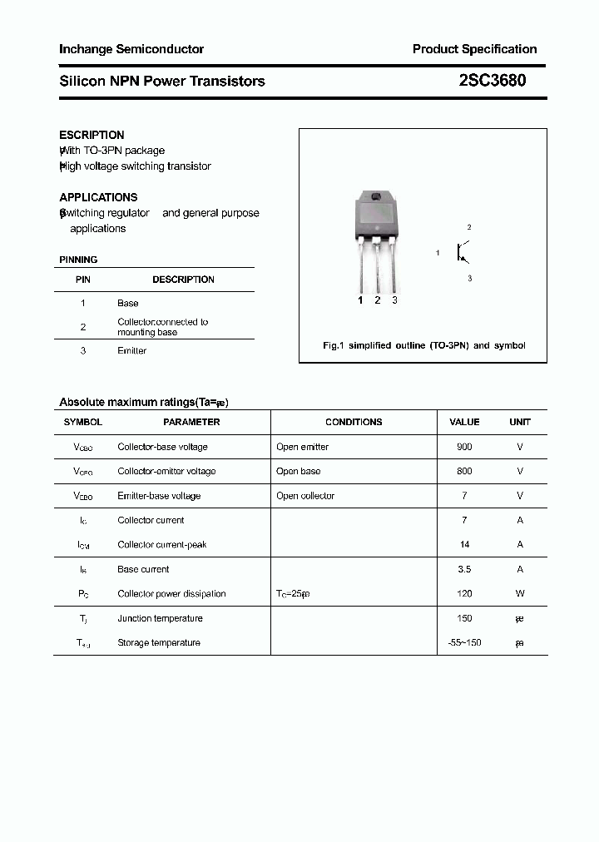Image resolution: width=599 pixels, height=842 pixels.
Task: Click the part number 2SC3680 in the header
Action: click(492, 81)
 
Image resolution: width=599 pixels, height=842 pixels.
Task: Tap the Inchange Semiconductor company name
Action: click(131, 49)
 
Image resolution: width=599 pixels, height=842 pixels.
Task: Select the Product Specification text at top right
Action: click(474, 49)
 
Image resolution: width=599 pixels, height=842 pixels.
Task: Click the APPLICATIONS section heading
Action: click(98, 197)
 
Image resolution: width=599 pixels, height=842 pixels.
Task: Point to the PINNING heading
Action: click(78, 260)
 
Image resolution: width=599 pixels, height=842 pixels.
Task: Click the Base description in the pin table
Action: click(128, 303)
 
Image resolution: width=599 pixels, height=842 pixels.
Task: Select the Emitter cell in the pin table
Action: click(131, 350)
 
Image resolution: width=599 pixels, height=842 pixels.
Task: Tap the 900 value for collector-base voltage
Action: click(464, 447)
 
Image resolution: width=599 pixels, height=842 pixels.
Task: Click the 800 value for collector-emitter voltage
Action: click(464, 471)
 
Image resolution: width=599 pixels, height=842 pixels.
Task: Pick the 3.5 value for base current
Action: click(464, 569)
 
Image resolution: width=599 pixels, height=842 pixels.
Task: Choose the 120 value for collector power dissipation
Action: click(464, 593)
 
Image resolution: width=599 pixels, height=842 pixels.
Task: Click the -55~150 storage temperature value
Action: click(464, 642)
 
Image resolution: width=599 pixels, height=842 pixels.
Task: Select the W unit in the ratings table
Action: click(520, 593)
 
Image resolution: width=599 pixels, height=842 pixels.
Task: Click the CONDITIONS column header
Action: click(354, 422)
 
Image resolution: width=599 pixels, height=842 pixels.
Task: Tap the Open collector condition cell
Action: click(305, 496)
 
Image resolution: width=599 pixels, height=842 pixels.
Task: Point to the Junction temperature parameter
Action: click(160, 618)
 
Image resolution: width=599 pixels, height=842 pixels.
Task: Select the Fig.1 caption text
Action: click(423, 345)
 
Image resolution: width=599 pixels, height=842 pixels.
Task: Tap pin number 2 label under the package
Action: click(377, 300)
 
